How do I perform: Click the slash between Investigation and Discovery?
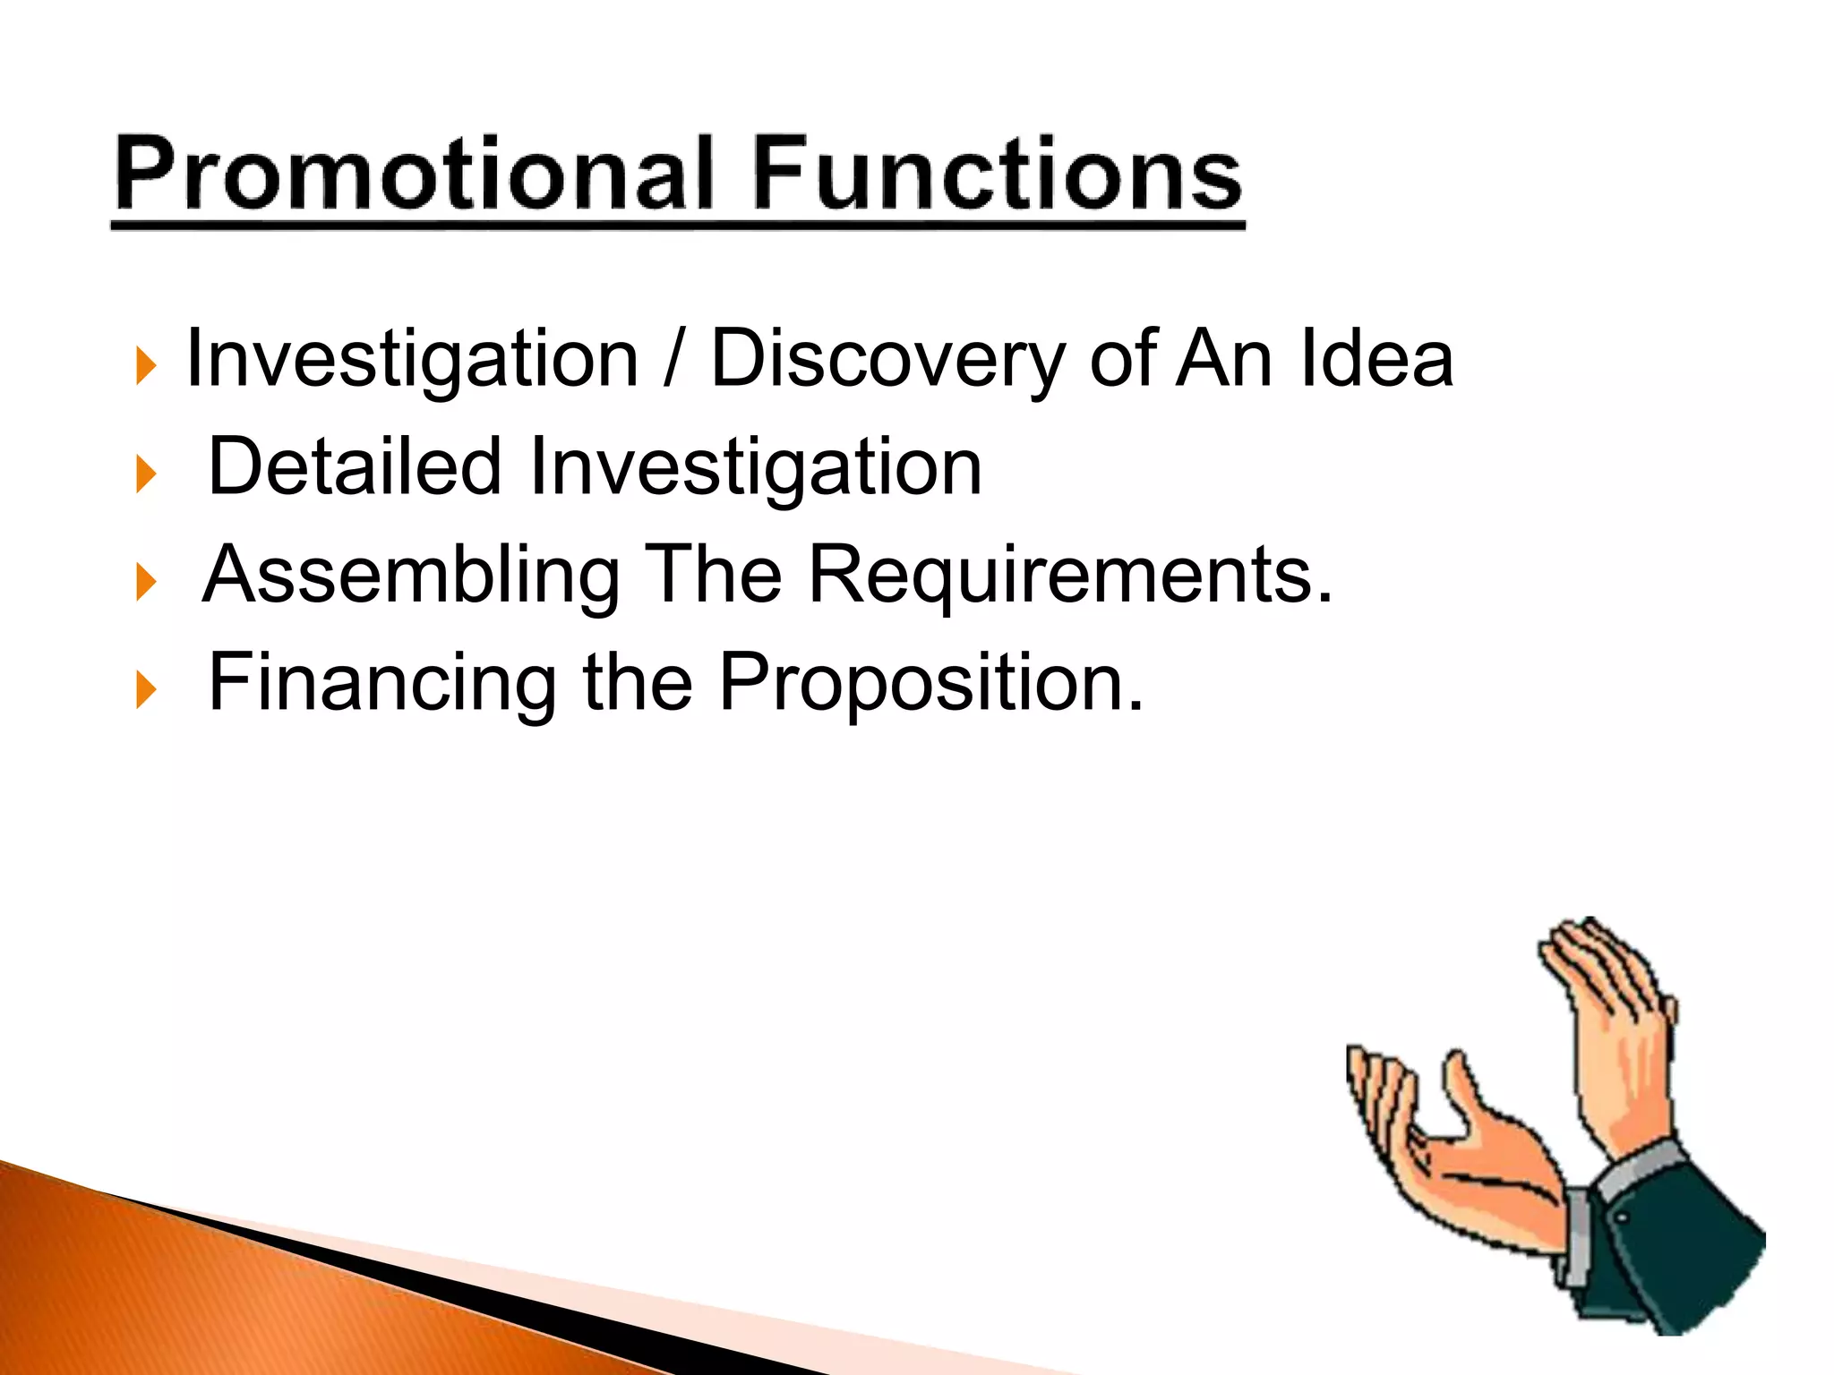pos(673,360)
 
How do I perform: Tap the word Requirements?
pos(1069,576)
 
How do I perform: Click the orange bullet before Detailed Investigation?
pos(146,474)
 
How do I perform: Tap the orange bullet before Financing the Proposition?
pos(146,691)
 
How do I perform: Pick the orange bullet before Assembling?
pos(146,583)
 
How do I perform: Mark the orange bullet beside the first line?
pos(146,366)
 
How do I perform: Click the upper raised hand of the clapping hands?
pos(1612,1029)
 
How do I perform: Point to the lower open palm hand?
pos(1451,1164)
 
